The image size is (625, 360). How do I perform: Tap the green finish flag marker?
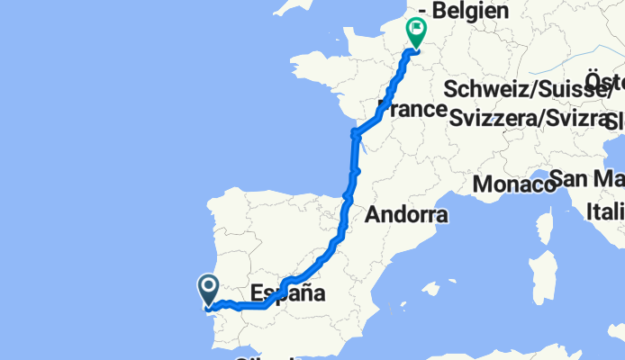[417, 32]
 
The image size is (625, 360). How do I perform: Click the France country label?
[412, 110]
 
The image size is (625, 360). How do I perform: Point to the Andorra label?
[406, 215]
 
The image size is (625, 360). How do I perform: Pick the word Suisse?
[580, 90]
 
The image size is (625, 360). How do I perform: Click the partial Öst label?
[605, 78]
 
